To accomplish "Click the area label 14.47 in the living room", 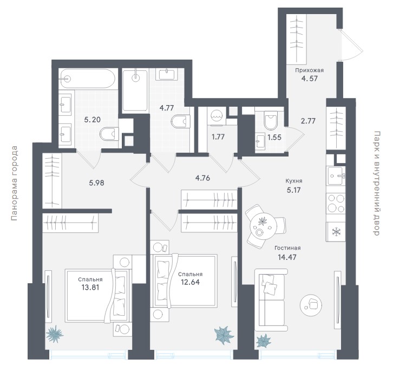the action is [x=287, y=257].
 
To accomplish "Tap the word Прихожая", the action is [x=309, y=70].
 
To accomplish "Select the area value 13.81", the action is [x=90, y=287].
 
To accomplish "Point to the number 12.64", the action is [x=190, y=282].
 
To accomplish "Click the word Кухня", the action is [x=294, y=181].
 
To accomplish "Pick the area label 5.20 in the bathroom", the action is [x=92, y=120].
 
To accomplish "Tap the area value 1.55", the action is [x=274, y=138].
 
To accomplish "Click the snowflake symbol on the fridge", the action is [x=336, y=232].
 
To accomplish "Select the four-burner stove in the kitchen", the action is [x=336, y=203].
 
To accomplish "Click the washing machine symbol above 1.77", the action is [x=217, y=116].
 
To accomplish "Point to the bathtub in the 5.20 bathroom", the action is [x=88, y=79].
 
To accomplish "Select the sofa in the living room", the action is [x=271, y=301].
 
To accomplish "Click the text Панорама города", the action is [x=15, y=183].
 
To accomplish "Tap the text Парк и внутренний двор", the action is [x=376, y=183].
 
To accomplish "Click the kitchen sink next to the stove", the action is [x=336, y=175].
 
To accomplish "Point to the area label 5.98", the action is [x=96, y=183].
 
